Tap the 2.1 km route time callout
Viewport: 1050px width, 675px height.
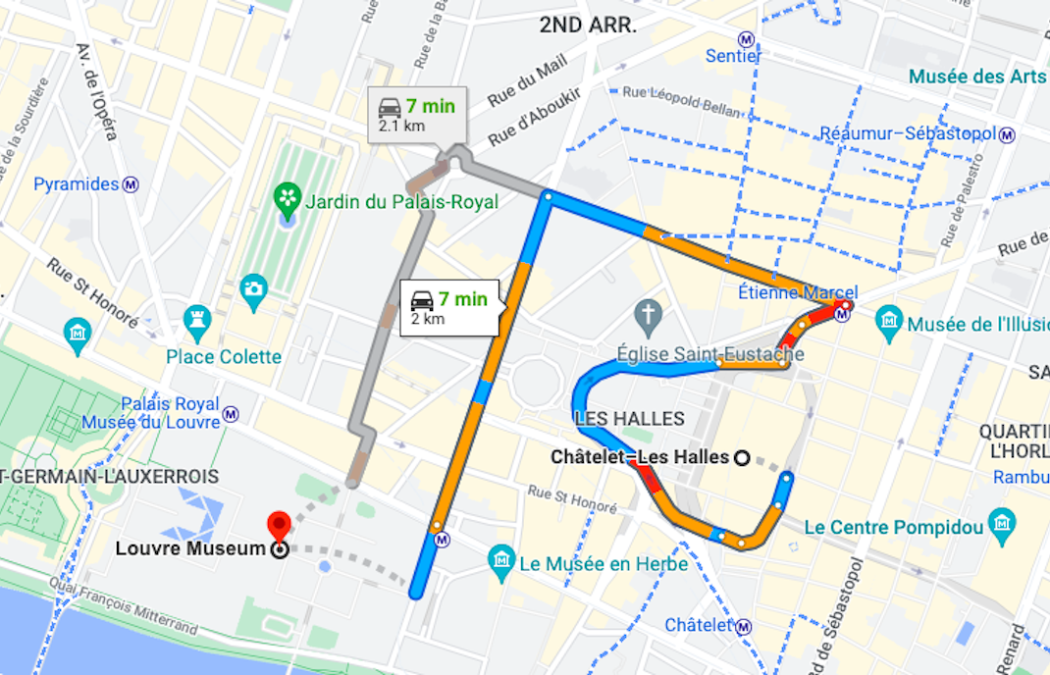417,115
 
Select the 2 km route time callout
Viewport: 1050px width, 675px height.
449,307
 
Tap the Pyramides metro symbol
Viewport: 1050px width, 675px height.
131,184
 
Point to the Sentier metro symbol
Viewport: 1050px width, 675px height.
747,40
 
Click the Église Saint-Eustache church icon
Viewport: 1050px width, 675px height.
647,316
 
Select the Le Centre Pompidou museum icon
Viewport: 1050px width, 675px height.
1002,521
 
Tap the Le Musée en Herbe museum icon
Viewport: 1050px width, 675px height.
501,561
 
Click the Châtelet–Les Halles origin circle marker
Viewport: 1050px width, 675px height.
742,457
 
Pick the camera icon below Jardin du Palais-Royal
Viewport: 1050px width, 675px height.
253,288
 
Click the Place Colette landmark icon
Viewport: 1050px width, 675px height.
197,319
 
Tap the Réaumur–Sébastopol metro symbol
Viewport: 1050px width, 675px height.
1007,134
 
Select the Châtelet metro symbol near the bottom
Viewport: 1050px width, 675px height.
745,626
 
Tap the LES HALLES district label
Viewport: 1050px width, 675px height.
629,419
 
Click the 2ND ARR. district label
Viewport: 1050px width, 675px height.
588,26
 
